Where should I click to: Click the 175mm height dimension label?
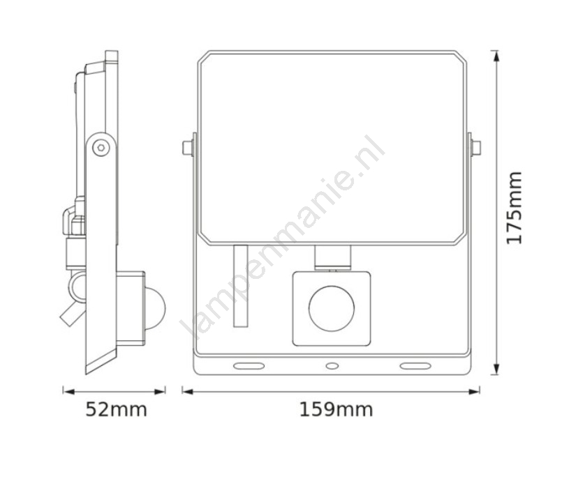[515, 208]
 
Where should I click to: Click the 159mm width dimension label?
[336, 410]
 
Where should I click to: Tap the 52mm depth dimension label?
[116, 410]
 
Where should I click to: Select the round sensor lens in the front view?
[332, 308]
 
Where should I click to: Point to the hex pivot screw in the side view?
[101, 148]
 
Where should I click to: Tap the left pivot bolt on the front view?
[188, 148]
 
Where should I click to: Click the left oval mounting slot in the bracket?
[249, 366]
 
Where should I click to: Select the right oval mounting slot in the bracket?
[415, 366]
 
